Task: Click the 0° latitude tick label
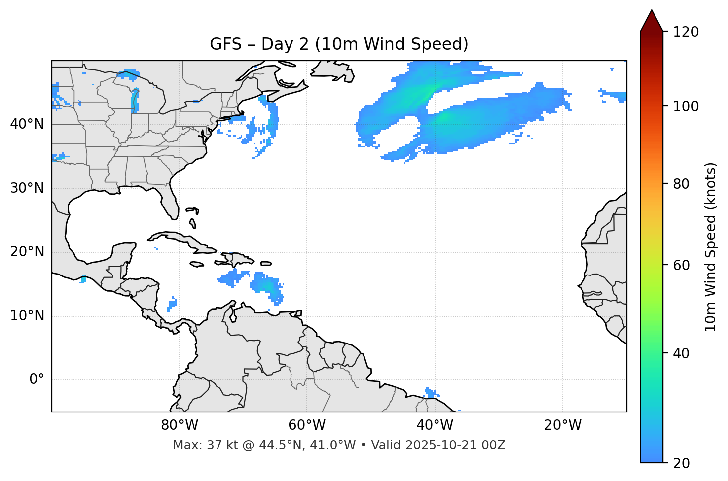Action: pyautogui.click(x=37, y=380)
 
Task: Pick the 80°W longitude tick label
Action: pyautogui.click(x=179, y=425)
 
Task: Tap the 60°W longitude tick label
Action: pyautogui.click(x=307, y=425)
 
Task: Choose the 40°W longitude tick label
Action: pyautogui.click(x=435, y=425)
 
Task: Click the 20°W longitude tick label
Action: pyautogui.click(x=563, y=425)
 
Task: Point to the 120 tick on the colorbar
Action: pyautogui.click(x=686, y=32)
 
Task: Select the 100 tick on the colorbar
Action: pyautogui.click(x=686, y=106)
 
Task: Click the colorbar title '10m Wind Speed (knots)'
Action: pyautogui.click(x=711, y=247)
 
